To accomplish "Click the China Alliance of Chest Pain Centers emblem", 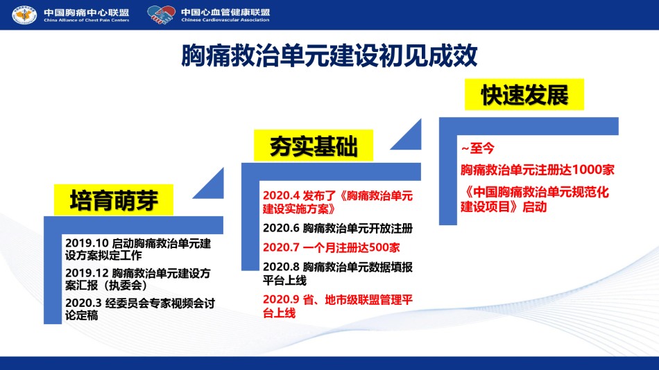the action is tap(24, 15).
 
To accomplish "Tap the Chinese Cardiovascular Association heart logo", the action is tap(162, 15).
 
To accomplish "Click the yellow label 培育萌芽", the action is tap(114, 200).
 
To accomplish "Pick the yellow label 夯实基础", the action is tap(313, 146).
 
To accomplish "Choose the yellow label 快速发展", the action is tap(524, 94).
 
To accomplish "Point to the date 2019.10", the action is tap(87, 243).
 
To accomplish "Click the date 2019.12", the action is tap(87, 274).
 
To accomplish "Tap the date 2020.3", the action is tap(84, 303).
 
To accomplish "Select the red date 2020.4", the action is tap(281, 195).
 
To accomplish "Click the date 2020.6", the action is tap(281, 228).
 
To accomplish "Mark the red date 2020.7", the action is tap(281, 247).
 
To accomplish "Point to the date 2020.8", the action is tap(281, 267).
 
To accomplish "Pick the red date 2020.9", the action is tap(281, 299).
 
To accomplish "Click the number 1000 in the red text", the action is tap(587, 170).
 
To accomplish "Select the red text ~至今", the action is tap(478, 148).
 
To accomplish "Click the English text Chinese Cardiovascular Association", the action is tap(225, 19).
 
